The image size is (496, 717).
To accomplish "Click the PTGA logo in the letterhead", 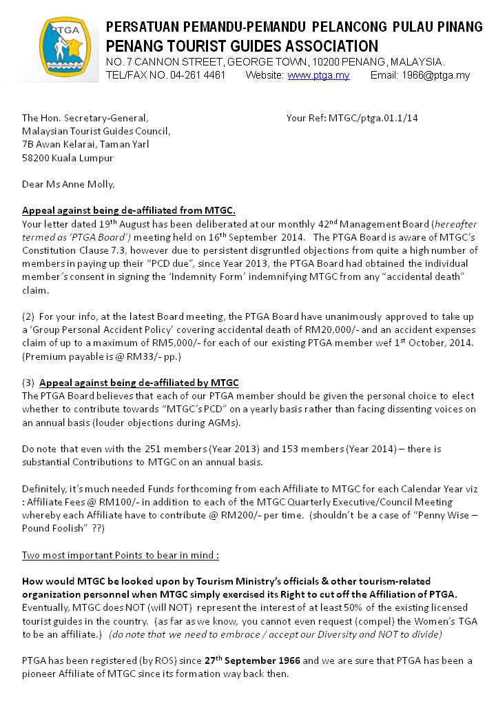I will (64, 48).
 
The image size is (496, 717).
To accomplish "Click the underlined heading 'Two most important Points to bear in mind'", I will (121, 555).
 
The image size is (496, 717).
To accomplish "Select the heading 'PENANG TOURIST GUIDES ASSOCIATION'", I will (242, 47).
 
